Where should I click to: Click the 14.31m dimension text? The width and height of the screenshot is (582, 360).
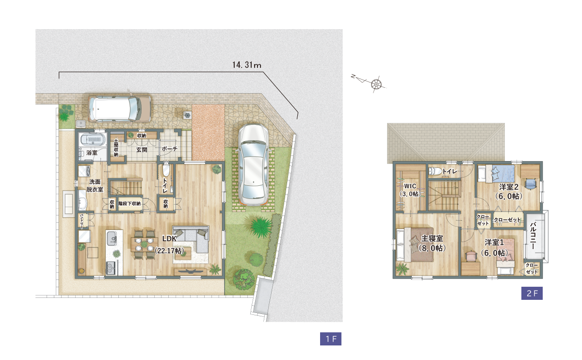[x=246, y=65]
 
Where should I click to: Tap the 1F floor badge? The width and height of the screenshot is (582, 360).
[x=330, y=339]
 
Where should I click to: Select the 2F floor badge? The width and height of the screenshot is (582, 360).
[x=532, y=293]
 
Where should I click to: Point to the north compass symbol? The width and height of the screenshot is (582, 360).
[x=369, y=82]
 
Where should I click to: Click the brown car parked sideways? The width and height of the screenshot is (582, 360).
[x=120, y=109]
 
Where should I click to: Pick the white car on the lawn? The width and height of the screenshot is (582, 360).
[x=253, y=165]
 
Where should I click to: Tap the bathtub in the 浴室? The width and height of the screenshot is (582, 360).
[x=93, y=140]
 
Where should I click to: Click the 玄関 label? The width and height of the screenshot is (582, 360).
[x=142, y=150]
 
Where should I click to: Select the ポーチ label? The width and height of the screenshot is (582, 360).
[x=169, y=148]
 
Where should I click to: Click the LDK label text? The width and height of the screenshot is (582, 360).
[x=169, y=238]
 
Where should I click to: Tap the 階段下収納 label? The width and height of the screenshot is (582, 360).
[x=129, y=203]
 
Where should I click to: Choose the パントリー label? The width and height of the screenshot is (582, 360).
[x=81, y=221]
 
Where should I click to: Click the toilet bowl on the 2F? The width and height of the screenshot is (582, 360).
[x=435, y=171]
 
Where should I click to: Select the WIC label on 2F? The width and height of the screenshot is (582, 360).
[x=410, y=186]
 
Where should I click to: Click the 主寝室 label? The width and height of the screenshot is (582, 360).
[x=432, y=238]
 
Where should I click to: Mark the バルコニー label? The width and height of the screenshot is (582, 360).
[x=533, y=236]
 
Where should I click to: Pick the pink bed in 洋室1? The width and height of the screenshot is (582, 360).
[x=505, y=256]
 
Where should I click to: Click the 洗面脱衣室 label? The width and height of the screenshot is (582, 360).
[x=95, y=186]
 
